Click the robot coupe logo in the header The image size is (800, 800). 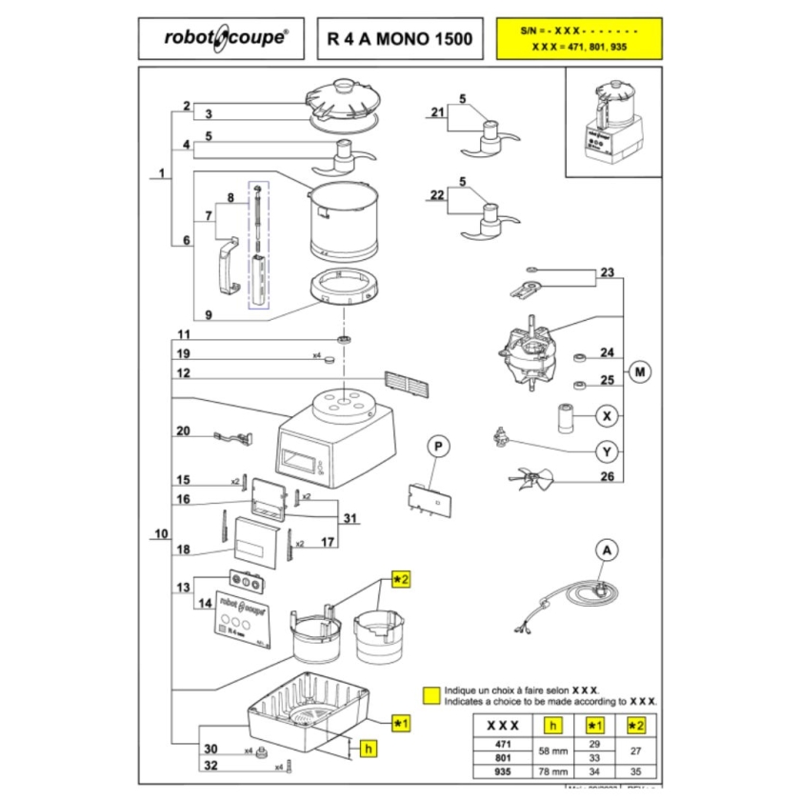point(223,39)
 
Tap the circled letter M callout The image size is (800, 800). point(639,371)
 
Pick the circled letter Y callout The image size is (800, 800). point(606,450)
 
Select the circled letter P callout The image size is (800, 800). point(437,446)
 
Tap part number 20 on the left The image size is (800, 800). point(184,430)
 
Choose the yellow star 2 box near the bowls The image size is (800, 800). point(400,579)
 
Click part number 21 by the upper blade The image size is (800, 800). point(437,112)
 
